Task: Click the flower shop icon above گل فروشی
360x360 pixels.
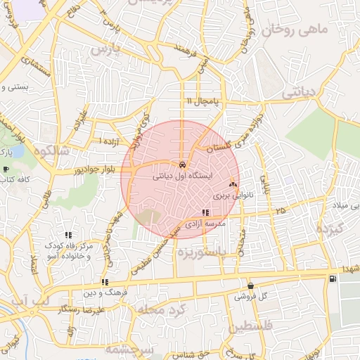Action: [x=251, y=285]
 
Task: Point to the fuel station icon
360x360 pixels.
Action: [x=331, y=280]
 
